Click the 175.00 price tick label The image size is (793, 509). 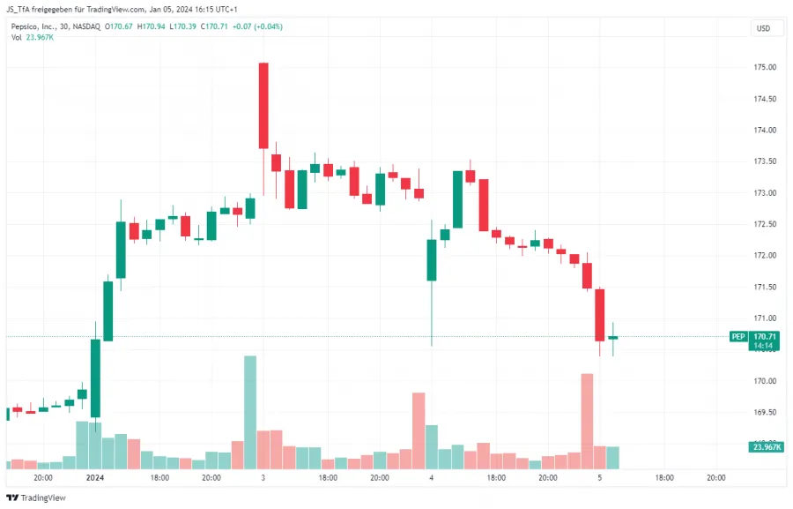tap(764, 67)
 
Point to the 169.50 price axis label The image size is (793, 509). tap(764, 412)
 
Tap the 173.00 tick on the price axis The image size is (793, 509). tap(764, 192)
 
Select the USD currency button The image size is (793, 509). tap(763, 28)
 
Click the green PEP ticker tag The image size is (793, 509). tap(738, 336)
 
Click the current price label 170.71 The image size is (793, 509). tap(766, 336)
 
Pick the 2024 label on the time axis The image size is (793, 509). tap(95, 477)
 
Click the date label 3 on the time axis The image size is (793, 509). tap(263, 477)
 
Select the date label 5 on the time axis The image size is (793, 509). tap(599, 477)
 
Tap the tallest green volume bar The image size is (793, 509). tap(250, 412)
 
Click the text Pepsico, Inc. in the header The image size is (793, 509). tap(34, 26)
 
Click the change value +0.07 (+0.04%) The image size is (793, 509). tap(258, 26)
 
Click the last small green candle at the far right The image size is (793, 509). tap(612, 338)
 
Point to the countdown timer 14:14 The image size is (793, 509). tap(763, 346)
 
